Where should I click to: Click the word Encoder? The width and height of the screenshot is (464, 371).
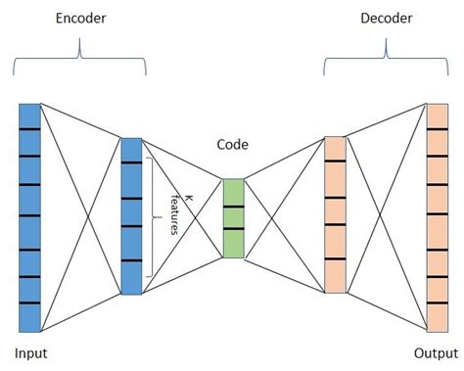80,19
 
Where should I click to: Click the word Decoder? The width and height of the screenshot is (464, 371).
387,19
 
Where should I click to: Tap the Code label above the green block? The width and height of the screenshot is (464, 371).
232,145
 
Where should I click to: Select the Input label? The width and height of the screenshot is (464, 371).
31,353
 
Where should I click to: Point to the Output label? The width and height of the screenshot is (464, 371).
436,353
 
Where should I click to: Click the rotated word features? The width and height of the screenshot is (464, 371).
175,214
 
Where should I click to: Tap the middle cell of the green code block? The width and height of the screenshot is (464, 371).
233,217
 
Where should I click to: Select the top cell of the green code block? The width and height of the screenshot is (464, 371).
233,193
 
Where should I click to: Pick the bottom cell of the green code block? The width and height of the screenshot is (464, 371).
233,244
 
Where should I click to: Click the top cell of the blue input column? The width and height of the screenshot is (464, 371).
29,116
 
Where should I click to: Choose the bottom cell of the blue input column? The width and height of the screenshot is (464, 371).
29,318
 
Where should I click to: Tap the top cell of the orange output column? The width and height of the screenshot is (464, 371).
438,116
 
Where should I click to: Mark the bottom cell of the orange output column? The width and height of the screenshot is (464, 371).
438,318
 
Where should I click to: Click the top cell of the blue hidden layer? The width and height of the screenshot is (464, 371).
131,150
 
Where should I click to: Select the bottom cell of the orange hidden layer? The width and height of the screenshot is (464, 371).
335,276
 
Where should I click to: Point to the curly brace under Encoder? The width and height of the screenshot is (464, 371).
79,58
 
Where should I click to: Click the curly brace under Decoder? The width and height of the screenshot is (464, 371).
386,58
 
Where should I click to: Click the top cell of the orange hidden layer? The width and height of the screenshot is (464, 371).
335,149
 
